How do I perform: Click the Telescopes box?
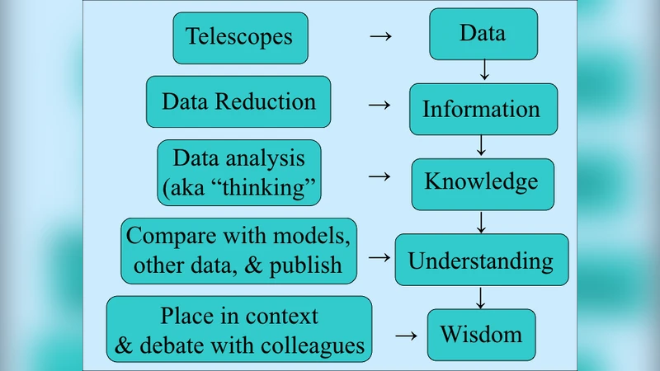(x=240, y=37)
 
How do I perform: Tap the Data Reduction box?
(x=238, y=101)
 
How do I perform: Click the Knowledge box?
(x=481, y=181)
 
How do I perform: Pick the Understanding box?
(x=481, y=261)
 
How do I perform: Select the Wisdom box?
(x=481, y=334)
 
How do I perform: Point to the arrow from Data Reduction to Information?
(x=378, y=105)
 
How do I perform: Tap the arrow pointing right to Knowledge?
(x=378, y=176)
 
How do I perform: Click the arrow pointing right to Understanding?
(x=378, y=256)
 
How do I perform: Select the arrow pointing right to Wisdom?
(x=405, y=336)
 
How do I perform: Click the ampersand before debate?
(x=124, y=345)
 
